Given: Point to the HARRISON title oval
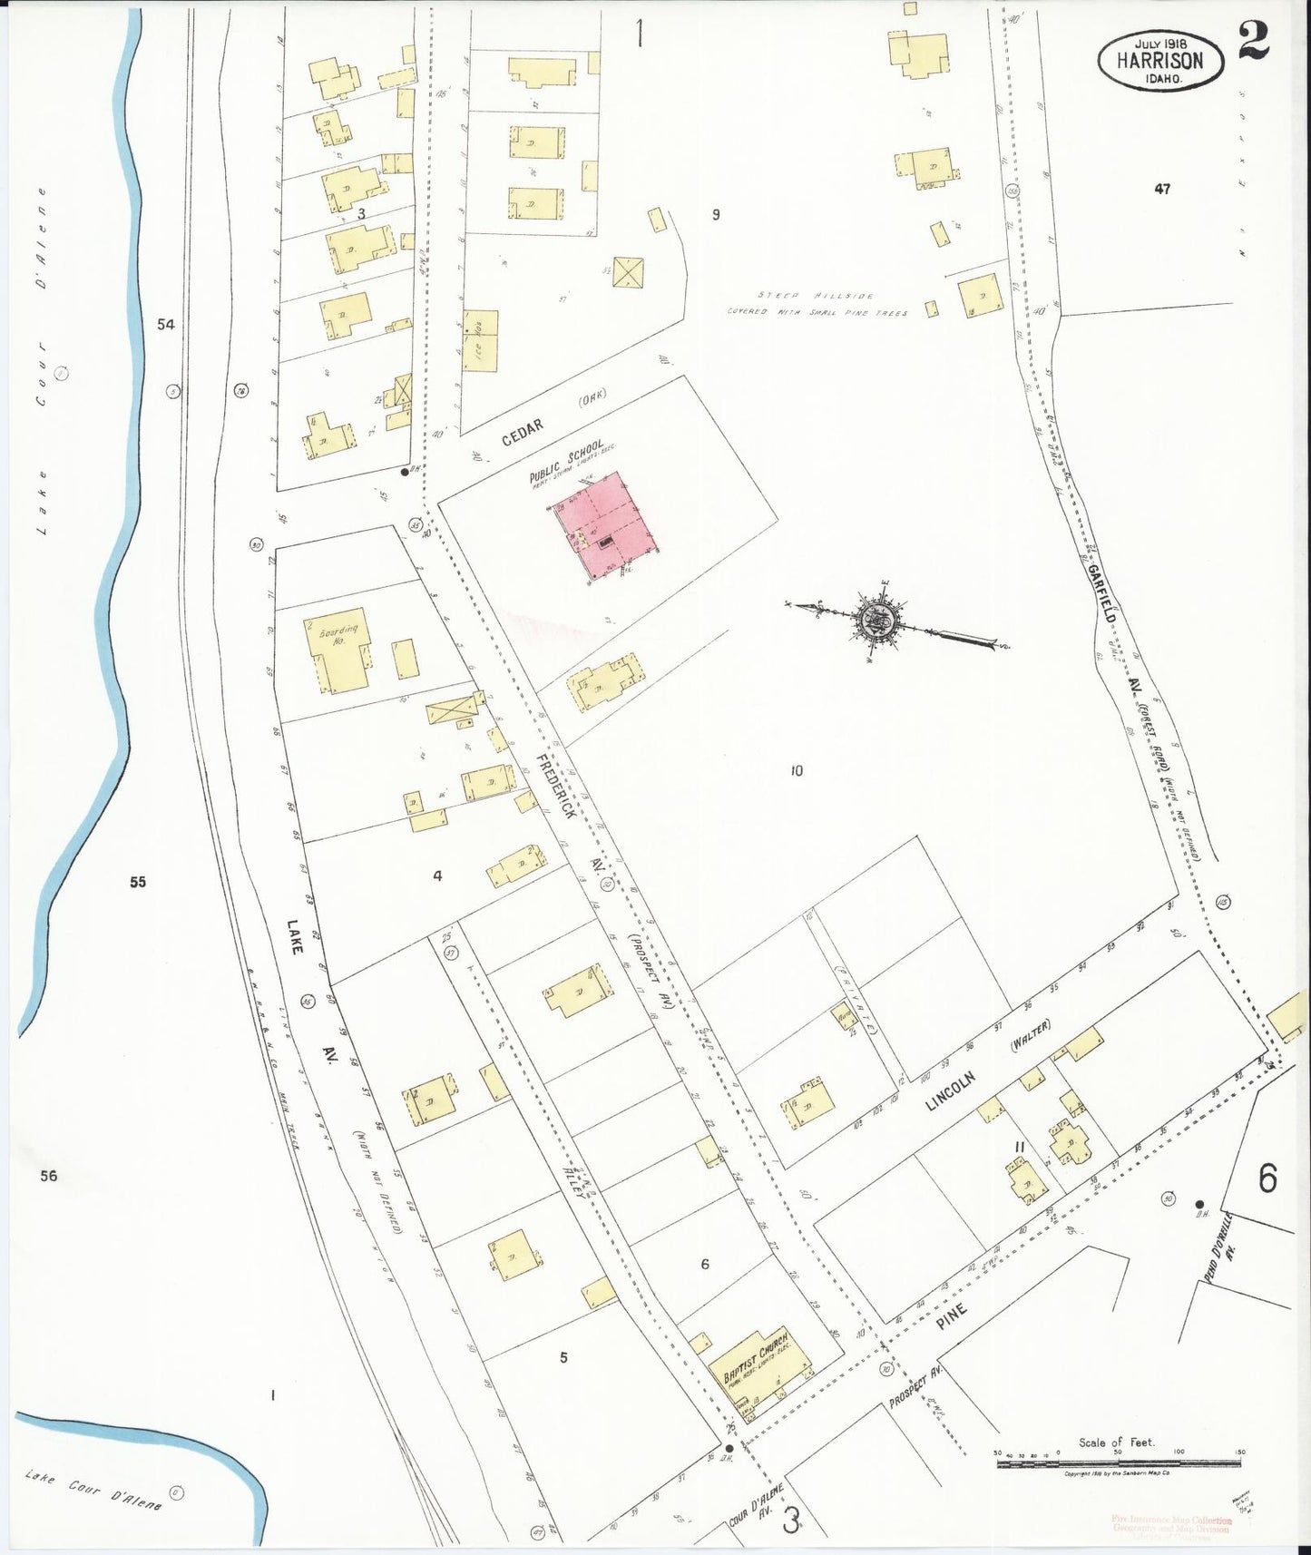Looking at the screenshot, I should point(1160,61).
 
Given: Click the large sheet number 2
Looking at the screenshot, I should point(1253,40).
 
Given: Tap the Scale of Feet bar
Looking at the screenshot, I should point(1118,1462).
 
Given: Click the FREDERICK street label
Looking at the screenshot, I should point(556,786).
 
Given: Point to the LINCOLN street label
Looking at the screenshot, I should point(950,1090).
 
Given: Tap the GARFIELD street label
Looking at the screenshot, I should point(1102,590).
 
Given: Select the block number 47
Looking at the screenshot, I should point(1162,189).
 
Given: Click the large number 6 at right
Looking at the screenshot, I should point(1267,1178).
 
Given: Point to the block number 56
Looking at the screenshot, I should point(48,1176).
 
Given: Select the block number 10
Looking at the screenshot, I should point(796,771).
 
